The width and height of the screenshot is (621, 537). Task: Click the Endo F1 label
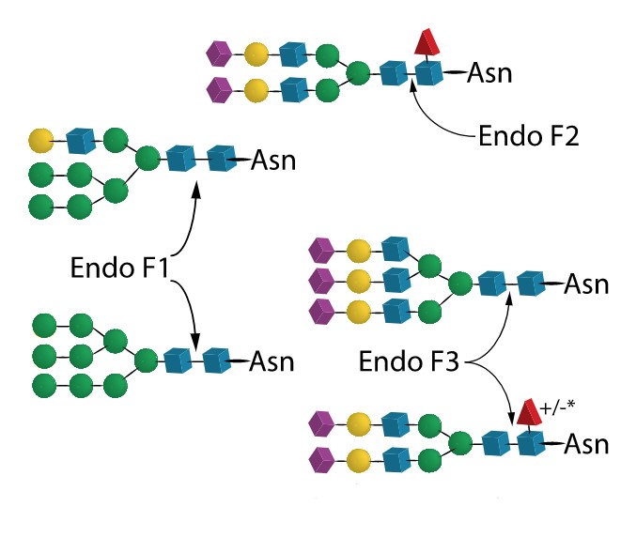pos(118,267)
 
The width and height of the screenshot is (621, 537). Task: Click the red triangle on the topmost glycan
pos(427,42)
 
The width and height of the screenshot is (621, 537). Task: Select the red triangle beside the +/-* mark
pos(527,411)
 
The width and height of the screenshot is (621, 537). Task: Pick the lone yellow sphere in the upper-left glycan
pos(40,142)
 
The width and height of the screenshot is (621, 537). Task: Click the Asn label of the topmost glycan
pos(490,72)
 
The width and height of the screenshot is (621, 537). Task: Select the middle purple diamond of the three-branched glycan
pos(320,281)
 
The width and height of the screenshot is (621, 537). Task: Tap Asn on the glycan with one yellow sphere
pos(273,160)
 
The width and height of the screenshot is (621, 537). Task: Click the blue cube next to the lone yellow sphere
pos(81,142)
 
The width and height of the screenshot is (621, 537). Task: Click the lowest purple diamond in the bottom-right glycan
pos(320,460)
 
